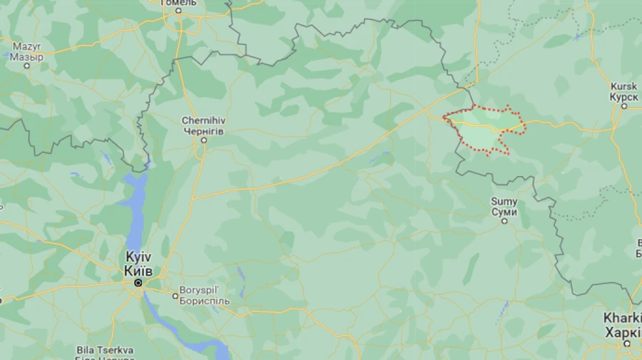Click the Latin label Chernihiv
point(203,121)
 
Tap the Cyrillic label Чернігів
point(203,131)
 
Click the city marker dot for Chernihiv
point(203,140)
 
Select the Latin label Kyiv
point(138,257)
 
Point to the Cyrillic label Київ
point(138,269)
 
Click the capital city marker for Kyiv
point(138,283)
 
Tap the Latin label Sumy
point(504,202)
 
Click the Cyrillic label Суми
point(504,211)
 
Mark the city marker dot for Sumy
point(504,221)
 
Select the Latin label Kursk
point(623,86)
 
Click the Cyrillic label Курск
point(623,96)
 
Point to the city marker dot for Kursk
point(624,106)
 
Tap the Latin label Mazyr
point(27,46)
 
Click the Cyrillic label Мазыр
point(27,56)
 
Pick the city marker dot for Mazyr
point(27,66)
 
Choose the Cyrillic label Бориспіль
point(205,301)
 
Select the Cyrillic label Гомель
point(178,3)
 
